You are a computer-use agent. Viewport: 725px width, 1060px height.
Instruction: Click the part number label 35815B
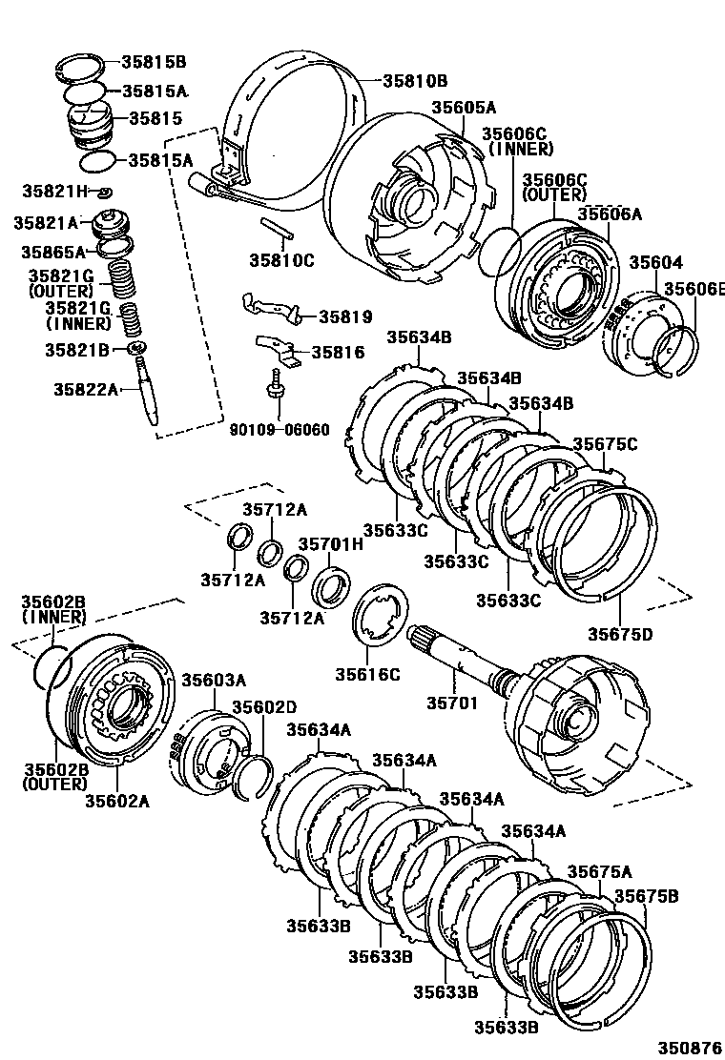click(153, 62)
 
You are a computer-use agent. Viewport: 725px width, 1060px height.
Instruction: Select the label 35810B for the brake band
click(415, 81)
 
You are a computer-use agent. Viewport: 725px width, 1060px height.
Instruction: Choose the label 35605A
click(464, 108)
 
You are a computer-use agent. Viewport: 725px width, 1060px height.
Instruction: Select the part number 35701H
click(331, 544)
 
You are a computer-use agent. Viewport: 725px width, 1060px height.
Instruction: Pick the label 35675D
click(620, 634)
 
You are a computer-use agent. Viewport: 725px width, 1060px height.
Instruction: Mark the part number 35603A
click(214, 680)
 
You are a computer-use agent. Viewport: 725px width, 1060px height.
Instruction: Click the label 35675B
click(646, 896)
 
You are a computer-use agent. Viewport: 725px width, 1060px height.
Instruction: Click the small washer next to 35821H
click(106, 194)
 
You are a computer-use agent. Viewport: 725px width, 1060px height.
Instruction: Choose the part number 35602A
click(117, 801)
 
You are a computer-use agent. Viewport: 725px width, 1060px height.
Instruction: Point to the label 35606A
click(610, 214)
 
